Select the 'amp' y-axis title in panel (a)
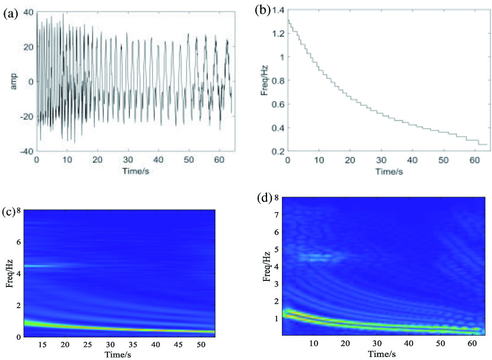tap(12, 82)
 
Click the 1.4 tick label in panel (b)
tap(278, 10)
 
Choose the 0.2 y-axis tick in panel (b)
tap(278, 151)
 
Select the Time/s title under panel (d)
tap(383, 353)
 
